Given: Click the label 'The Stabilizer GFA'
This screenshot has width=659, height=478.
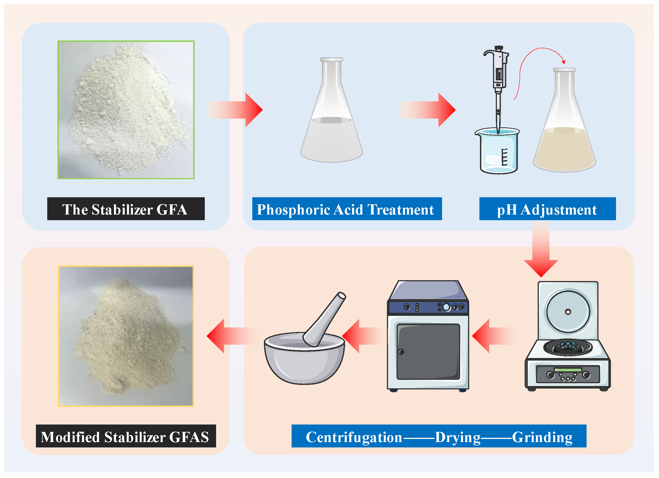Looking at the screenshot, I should tap(126, 209).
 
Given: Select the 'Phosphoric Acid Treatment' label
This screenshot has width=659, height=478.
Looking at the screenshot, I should tap(347, 209).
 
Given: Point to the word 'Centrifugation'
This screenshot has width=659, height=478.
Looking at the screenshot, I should tap(354, 437).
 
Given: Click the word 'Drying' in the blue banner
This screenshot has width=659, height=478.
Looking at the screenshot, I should tap(458, 437).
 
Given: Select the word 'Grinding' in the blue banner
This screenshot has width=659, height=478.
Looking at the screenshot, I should tap(542, 437).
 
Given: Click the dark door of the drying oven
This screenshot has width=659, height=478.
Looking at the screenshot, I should tap(428, 352).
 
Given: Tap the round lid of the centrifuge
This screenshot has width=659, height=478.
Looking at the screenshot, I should tap(568, 311).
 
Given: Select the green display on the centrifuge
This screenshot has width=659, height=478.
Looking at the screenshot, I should tap(568, 370).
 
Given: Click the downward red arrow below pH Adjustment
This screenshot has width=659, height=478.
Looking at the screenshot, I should tap(541, 256).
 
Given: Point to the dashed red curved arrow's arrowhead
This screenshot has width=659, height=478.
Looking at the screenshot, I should tap(564, 62).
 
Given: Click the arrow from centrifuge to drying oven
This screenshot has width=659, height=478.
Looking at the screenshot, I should tap(494, 336).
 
